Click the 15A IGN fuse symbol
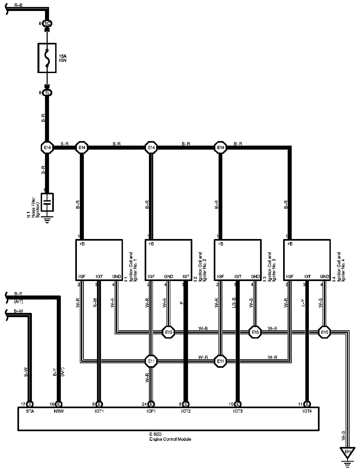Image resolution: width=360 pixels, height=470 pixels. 47,58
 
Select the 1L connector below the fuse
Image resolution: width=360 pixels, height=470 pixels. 47,93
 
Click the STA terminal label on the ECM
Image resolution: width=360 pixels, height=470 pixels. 30,411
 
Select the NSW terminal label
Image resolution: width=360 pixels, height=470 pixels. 59,411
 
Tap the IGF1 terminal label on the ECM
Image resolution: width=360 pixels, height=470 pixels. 151,411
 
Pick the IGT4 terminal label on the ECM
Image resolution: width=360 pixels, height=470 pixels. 307,411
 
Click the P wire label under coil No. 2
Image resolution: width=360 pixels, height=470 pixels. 181,303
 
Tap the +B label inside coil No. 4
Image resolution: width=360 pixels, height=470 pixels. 290,244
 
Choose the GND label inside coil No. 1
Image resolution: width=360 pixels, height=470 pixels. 117,276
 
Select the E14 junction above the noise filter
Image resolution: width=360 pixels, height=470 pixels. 47,147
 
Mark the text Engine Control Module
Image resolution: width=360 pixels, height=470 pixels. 170,439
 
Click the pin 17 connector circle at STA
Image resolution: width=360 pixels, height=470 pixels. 30,404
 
